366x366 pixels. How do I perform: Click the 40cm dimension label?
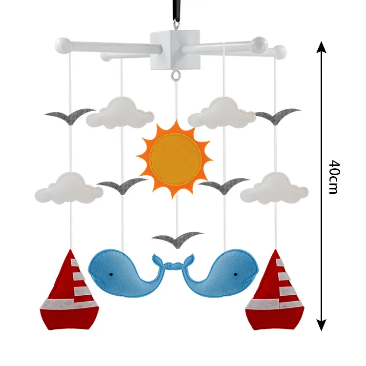tap(333, 177)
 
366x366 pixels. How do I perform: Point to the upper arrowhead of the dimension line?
tap(321, 48)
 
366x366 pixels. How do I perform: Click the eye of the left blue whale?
tap(111, 275)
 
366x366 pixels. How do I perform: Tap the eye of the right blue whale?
tap(241, 275)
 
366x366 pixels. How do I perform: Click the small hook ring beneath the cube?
tap(175, 76)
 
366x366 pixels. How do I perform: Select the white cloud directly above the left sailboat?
tap(69, 188)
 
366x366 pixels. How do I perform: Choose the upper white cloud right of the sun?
tap(222, 113)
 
